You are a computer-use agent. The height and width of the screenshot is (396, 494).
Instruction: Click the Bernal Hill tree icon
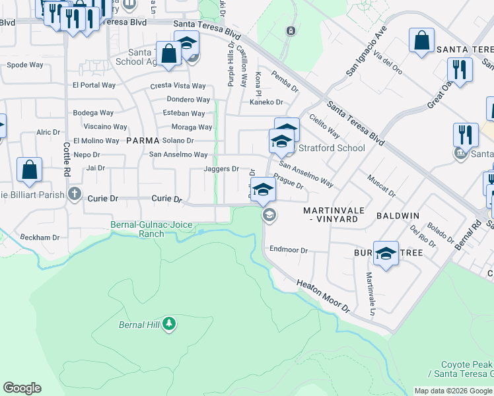point(170,323)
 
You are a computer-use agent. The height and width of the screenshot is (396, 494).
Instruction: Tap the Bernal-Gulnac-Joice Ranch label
point(151,229)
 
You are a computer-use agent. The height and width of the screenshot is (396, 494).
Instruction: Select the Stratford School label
point(332,148)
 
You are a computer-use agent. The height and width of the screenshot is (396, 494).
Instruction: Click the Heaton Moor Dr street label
point(323,295)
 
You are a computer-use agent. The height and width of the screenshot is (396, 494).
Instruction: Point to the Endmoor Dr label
point(289,250)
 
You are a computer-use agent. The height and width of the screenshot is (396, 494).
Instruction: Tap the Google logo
point(22,388)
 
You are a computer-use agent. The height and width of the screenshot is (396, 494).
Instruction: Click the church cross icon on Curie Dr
point(75,194)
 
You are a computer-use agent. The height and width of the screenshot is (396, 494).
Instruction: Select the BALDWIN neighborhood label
point(398,216)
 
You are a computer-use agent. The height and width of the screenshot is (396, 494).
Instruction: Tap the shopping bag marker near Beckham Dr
point(30,170)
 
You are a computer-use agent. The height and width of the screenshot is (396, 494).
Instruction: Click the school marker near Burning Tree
point(386,253)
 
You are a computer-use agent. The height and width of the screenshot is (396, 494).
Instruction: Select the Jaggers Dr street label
point(221,169)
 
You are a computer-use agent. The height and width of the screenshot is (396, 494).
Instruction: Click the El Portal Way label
point(94,85)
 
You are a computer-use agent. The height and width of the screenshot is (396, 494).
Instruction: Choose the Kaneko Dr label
point(265,102)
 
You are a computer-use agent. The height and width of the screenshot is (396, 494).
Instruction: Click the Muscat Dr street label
point(381,186)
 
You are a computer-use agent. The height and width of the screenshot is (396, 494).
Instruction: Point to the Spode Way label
point(26,65)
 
